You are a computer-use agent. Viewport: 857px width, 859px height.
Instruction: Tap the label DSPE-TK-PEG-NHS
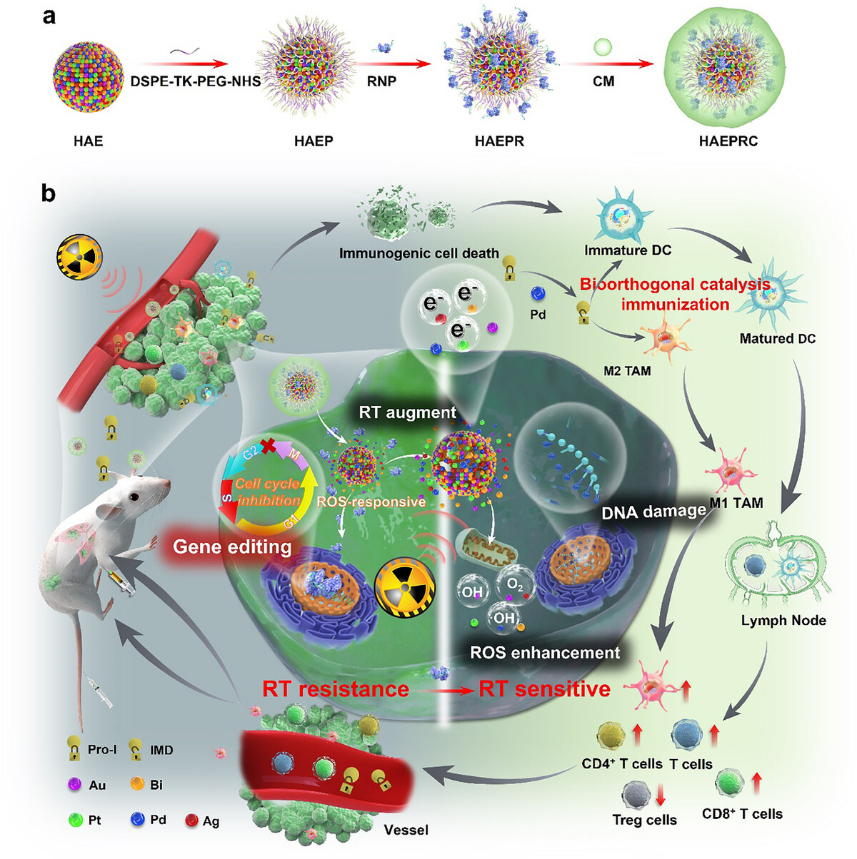pyautogui.click(x=195, y=81)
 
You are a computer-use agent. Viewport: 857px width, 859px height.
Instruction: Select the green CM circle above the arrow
pyautogui.click(x=603, y=48)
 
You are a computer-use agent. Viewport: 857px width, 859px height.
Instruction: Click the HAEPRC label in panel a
pyautogui.click(x=728, y=141)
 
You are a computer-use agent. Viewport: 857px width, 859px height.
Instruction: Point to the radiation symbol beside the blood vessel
pyautogui.click(x=79, y=258)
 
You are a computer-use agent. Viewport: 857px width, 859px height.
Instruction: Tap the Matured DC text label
pyautogui.click(x=777, y=338)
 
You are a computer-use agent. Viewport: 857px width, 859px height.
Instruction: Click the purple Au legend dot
pyautogui.click(x=73, y=784)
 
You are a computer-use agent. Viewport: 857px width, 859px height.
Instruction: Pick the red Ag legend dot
pyautogui.click(x=191, y=820)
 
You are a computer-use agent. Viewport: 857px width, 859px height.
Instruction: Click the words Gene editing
pyautogui.click(x=232, y=547)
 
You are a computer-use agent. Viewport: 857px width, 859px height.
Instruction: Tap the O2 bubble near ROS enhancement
pyautogui.click(x=515, y=584)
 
